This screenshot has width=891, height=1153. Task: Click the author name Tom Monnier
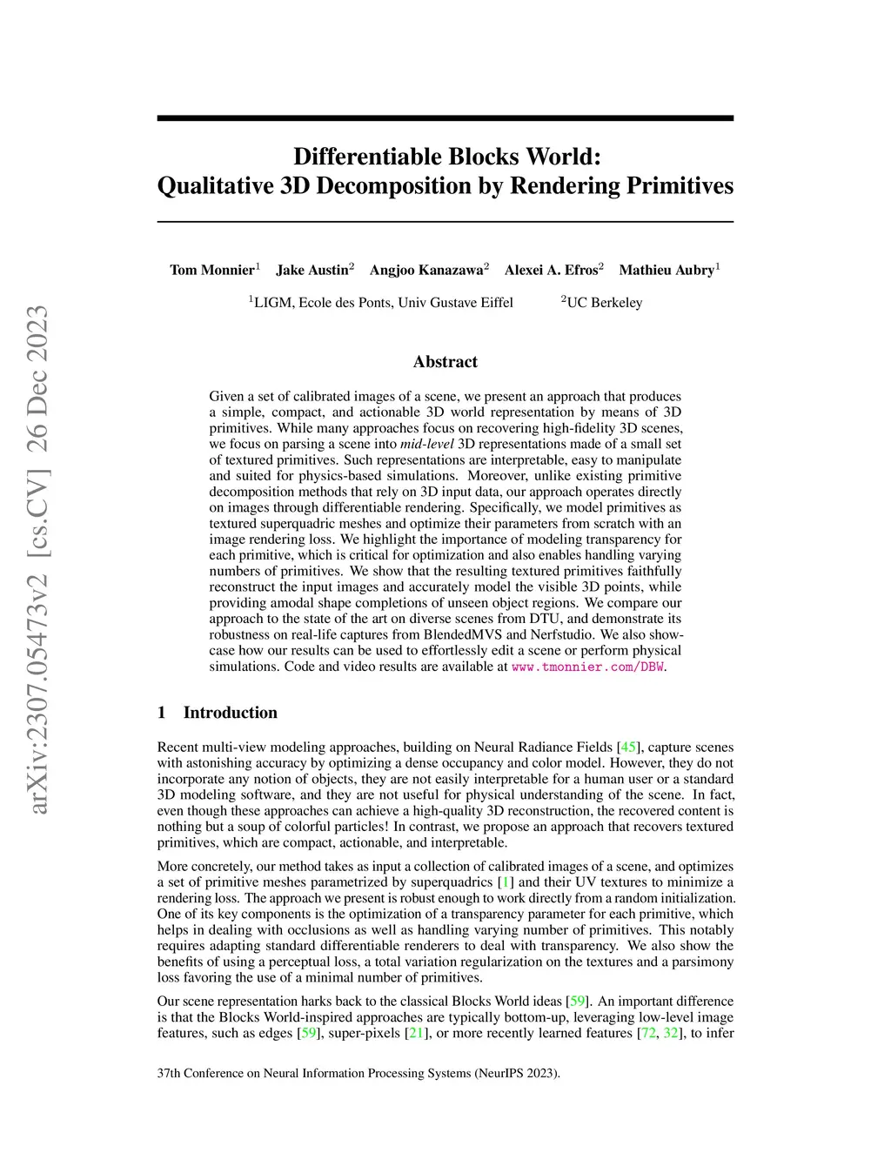click(x=211, y=270)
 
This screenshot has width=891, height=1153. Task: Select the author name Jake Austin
click(x=312, y=270)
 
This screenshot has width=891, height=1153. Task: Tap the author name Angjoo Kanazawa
click(x=425, y=270)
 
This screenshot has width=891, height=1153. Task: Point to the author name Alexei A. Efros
click(x=551, y=270)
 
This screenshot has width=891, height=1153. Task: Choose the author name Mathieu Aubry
click(x=666, y=270)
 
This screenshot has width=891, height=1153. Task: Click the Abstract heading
click(x=445, y=362)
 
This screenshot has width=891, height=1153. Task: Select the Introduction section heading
click(x=230, y=713)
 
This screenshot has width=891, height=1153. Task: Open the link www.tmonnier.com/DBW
click(x=587, y=667)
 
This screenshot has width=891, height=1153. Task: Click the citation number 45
click(x=627, y=747)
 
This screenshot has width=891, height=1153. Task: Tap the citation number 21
click(x=416, y=1034)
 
